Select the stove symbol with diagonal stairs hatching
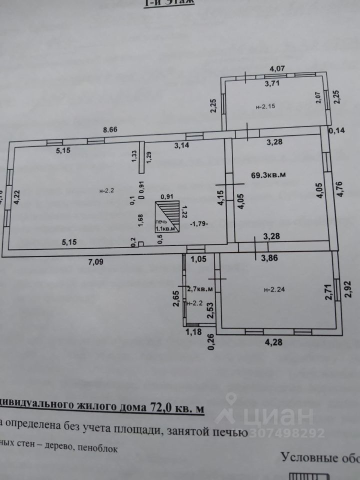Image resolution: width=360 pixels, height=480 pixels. point(167,215)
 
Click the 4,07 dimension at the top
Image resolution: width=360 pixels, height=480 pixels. point(277,68)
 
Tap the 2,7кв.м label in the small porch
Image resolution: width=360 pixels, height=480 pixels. point(200,288)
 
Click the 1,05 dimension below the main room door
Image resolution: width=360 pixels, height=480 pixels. point(199,259)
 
